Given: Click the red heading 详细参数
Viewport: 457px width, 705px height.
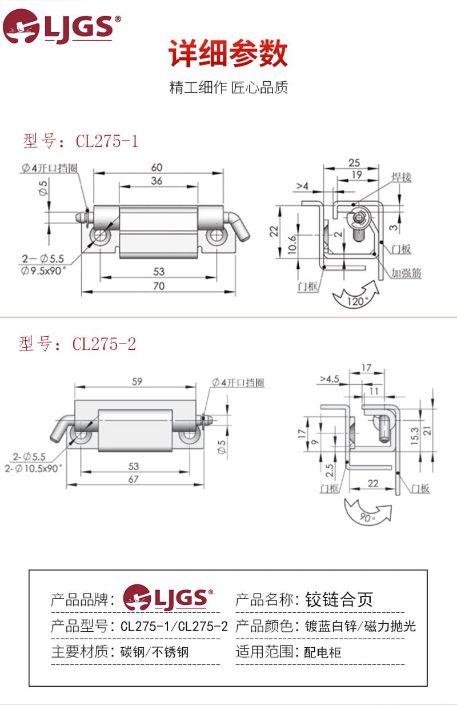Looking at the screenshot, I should [228, 55].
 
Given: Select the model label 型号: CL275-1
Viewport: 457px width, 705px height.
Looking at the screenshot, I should [81, 141].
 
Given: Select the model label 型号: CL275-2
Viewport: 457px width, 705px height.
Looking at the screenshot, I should [78, 344].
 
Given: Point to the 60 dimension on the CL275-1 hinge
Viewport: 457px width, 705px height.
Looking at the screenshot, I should [157, 168].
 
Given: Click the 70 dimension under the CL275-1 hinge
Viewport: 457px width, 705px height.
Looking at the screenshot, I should [159, 286].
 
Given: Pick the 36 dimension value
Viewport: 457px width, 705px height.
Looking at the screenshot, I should [157, 181].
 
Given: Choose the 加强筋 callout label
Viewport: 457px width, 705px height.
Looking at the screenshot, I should [406, 273].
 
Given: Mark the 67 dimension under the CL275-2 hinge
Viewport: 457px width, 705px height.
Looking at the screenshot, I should [133, 479].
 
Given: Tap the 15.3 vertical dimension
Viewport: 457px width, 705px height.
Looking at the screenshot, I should [414, 435].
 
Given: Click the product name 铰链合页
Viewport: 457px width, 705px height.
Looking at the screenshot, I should [339, 599].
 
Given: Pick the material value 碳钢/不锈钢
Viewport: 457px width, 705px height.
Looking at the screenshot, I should [154, 651].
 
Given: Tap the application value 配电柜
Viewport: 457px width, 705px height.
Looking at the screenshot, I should [323, 652].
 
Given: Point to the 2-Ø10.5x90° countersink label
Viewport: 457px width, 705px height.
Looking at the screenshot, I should [33, 467].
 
